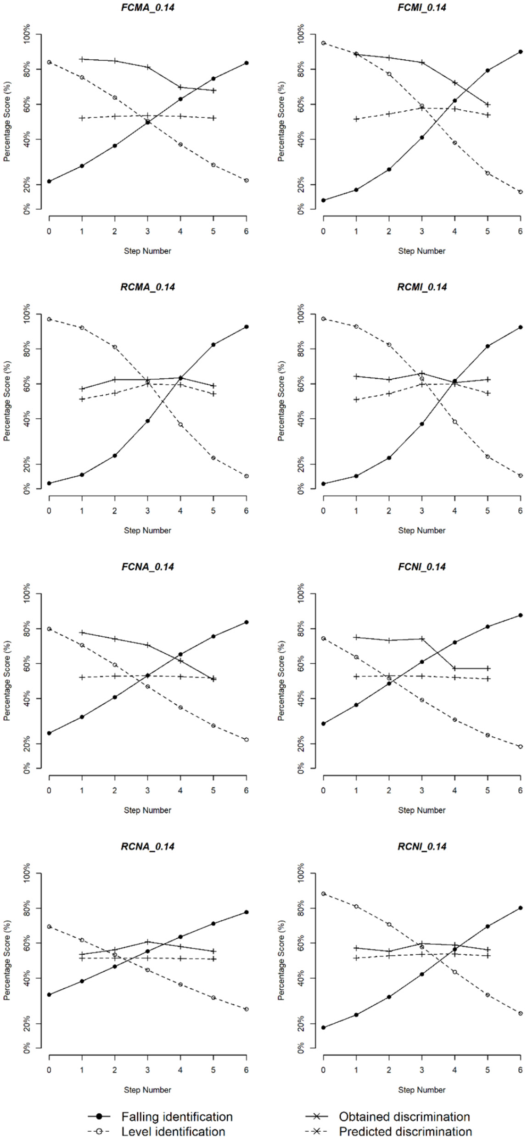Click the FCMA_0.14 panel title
tap(148, 8)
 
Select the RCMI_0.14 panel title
tap(422, 287)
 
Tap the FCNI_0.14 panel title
tap(422, 567)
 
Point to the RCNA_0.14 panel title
tap(148, 847)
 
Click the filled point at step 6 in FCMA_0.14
tap(247, 63)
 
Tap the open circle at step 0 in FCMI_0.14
tap(323, 43)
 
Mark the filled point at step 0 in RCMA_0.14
tap(49, 483)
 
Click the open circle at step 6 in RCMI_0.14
tap(521, 476)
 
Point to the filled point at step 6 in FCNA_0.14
tap(247, 622)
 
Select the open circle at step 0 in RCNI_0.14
tap(323, 894)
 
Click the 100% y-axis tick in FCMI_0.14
tap(301, 34)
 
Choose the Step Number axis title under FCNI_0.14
tap(422, 810)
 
